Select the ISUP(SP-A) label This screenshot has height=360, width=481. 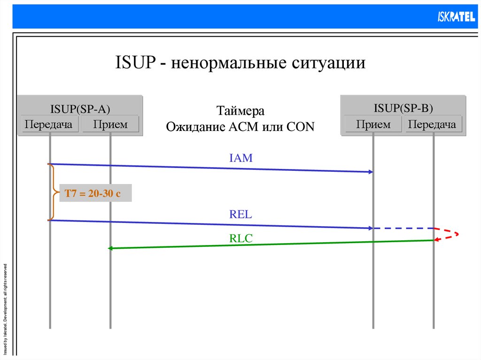[x=80, y=110]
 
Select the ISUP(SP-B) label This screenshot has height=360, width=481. [x=403, y=108]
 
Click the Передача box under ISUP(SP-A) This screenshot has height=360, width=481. [x=49, y=124]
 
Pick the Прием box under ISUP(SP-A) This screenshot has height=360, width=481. [x=110, y=124]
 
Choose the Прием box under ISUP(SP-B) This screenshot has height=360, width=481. [x=373, y=124]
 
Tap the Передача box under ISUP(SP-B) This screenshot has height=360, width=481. [x=433, y=124]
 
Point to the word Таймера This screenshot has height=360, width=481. [x=240, y=111]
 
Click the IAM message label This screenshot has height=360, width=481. [x=241, y=158]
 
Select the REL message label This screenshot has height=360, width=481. [x=241, y=215]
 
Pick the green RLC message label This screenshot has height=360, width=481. [x=241, y=238]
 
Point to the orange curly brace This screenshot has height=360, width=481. [x=53, y=192]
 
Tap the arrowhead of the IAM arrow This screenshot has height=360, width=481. [x=370, y=172]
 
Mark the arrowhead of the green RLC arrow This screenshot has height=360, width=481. [x=111, y=248]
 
